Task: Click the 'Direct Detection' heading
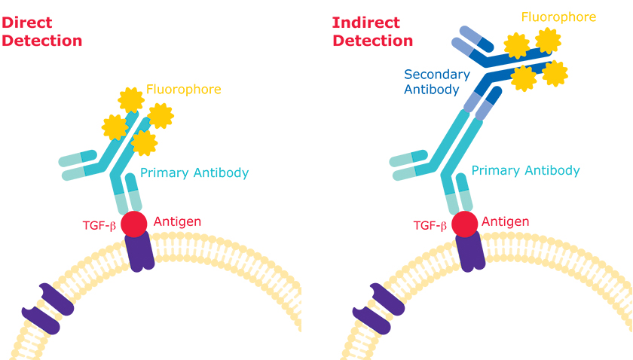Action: coord(41,31)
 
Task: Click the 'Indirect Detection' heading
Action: coord(372,31)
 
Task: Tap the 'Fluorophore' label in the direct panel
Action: coord(184,90)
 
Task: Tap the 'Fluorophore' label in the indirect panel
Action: coord(558,17)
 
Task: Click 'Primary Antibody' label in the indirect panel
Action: coord(525,170)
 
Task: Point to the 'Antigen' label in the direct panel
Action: coord(177,221)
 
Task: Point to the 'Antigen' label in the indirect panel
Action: coord(505,221)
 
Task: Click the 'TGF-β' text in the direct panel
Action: coord(99,224)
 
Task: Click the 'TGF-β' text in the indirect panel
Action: coord(430,224)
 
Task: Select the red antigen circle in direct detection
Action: coord(135,223)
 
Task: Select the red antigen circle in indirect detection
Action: coord(464,223)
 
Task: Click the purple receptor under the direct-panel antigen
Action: coord(139,251)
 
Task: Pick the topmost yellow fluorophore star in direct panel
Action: coord(131,99)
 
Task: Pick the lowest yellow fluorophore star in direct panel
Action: coord(143,142)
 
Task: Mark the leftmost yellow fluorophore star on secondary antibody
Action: coord(517,46)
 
